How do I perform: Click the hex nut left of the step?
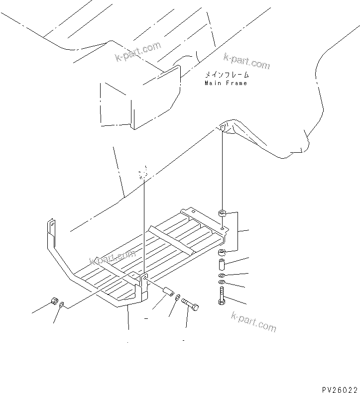click(54, 302)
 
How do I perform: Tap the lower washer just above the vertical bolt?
click(222, 283)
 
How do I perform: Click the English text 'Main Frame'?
click(226, 83)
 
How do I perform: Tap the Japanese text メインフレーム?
click(227, 75)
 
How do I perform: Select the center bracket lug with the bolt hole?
click(143, 281)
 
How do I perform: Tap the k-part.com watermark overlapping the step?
click(112, 258)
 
